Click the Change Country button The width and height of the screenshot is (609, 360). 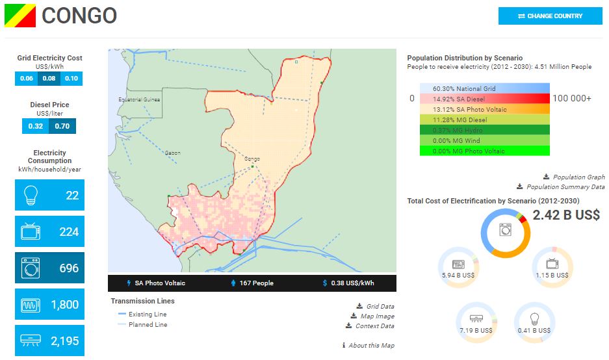[x=550, y=16]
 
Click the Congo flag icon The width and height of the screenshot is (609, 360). [x=20, y=16]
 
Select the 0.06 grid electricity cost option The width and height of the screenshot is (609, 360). [x=27, y=79]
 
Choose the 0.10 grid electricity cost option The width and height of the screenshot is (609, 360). [x=71, y=79]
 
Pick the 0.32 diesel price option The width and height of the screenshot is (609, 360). [x=36, y=126]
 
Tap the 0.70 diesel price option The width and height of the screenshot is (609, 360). [x=62, y=126]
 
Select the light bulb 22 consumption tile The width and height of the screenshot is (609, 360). [x=49, y=195]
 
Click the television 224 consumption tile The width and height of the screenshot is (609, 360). [x=49, y=232]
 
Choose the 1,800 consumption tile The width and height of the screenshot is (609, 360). [x=49, y=304]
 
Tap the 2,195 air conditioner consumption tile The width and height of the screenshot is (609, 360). [x=49, y=341]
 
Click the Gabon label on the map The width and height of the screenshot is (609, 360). [x=173, y=153]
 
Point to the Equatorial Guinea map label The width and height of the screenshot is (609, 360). [x=139, y=99]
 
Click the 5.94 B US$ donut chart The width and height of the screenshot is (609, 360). [x=458, y=266]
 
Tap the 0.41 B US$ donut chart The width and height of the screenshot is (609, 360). [x=534, y=322]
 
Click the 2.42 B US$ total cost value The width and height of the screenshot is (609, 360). [x=566, y=215]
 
